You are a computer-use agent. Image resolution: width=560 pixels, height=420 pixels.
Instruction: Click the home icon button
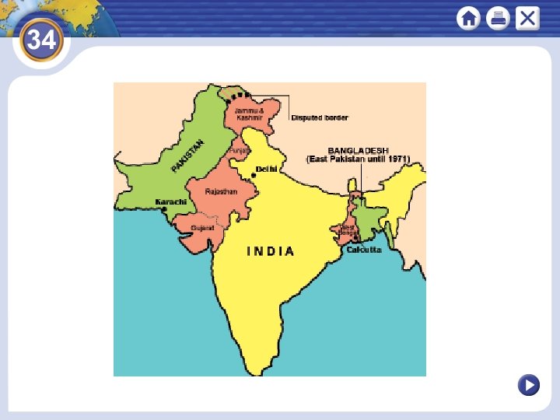pyautogui.click(x=469, y=18)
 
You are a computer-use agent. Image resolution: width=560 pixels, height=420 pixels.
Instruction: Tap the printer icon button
pyautogui.click(x=498, y=18)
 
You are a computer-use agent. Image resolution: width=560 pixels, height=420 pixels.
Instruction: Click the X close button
pyautogui.click(x=527, y=18)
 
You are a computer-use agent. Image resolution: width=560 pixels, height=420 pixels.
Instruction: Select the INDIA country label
pyautogui.click(x=271, y=251)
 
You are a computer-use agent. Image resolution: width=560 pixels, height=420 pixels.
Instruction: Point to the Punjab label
pyautogui.click(x=240, y=150)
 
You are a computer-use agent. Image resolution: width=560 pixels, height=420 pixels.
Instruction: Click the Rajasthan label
pyautogui.click(x=221, y=191)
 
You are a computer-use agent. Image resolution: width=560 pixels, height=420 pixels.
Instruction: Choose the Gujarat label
pyautogui.click(x=202, y=228)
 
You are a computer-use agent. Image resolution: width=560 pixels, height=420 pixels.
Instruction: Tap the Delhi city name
pyautogui.click(x=267, y=168)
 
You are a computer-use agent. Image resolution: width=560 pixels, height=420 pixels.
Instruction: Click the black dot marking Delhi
pyautogui.click(x=254, y=176)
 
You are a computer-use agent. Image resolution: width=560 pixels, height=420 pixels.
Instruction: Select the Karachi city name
pyautogui.click(x=171, y=201)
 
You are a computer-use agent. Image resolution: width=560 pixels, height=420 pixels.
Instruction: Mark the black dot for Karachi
pyautogui.click(x=164, y=208)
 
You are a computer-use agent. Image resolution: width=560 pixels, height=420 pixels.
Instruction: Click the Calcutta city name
pyautogui.click(x=364, y=250)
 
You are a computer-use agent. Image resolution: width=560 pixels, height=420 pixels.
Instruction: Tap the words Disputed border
pyautogui.click(x=320, y=117)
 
